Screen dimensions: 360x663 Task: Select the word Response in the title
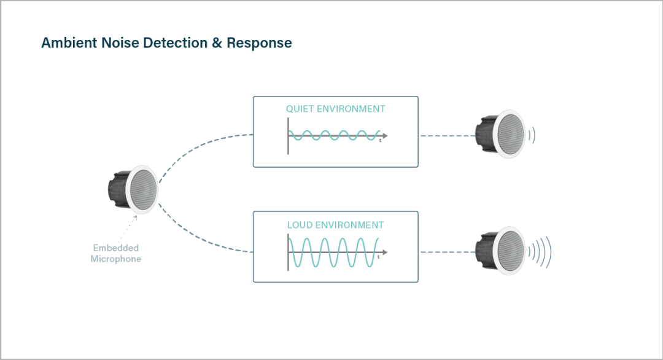pos(259,43)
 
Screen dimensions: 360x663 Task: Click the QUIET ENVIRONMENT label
pos(336,109)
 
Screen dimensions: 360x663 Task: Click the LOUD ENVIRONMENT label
pos(336,225)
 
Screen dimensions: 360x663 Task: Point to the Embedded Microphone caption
pos(116,254)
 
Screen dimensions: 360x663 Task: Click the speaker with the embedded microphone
pos(133,189)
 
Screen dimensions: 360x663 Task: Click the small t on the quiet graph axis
pos(380,141)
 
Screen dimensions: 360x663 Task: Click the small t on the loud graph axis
pos(379,257)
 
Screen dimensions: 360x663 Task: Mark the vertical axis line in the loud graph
pos(288,252)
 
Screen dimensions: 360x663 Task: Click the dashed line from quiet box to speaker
pos(446,135)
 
